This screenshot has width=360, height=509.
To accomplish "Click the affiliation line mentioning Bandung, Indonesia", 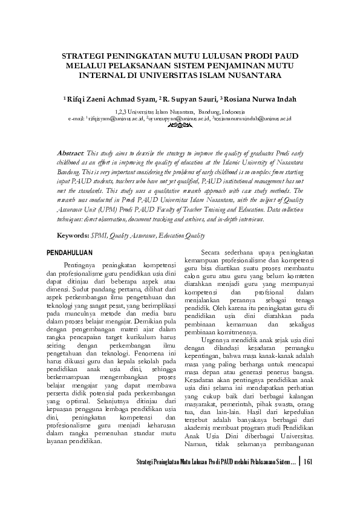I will (x=180, y=112).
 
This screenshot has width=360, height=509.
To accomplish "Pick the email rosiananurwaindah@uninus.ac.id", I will (x=253, y=118).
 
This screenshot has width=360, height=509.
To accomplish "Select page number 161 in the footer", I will (x=309, y=479).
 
